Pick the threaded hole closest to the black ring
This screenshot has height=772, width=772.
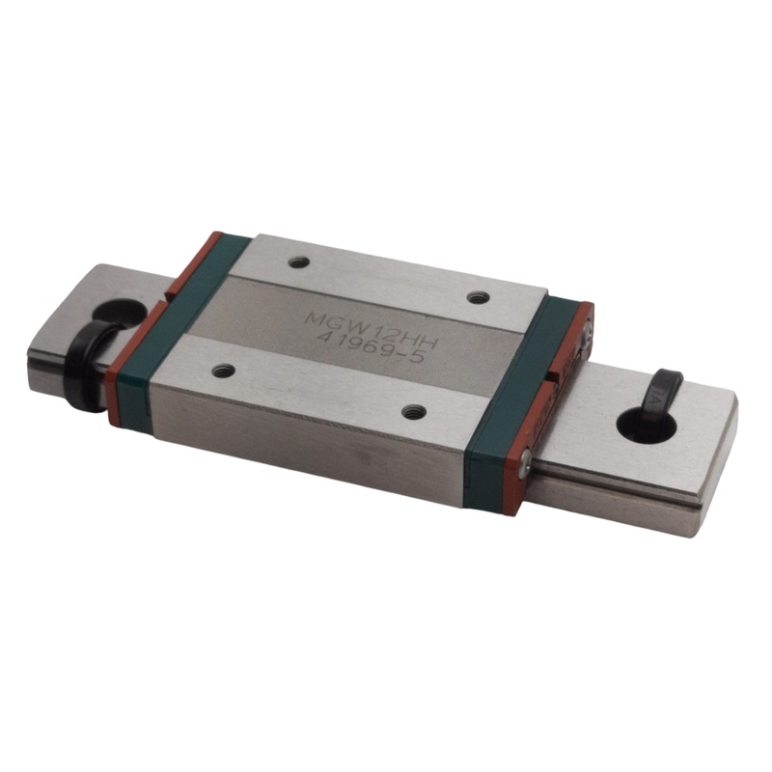[x=225, y=368]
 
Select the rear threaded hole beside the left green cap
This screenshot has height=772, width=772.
[x=299, y=262]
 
